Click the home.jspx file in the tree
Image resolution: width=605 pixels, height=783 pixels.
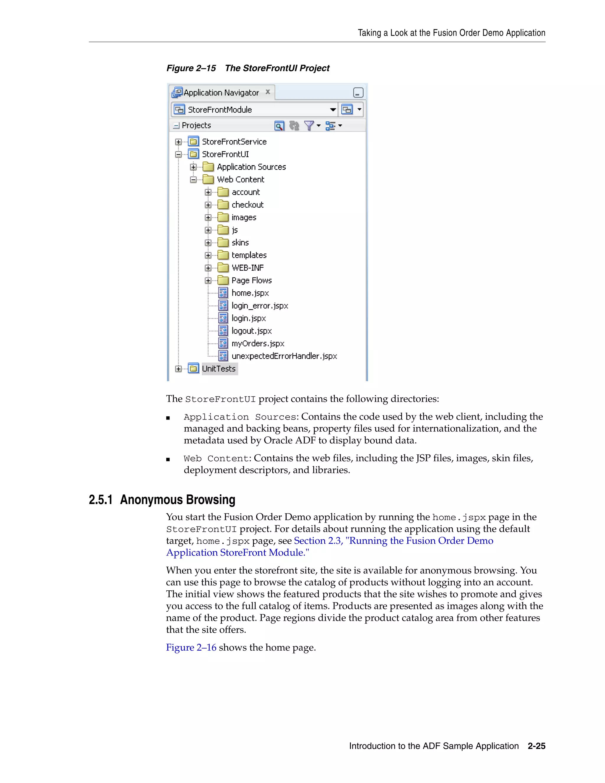(250, 293)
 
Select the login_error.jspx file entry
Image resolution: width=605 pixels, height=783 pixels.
(259, 306)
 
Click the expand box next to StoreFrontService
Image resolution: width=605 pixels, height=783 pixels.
(178, 142)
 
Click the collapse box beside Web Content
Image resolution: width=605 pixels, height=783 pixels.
(193, 180)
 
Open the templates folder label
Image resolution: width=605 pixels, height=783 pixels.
(249, 255)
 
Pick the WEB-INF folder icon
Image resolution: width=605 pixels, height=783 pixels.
(223, 268)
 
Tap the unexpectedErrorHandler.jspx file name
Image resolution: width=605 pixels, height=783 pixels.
(284, 356)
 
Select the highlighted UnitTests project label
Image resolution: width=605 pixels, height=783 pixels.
(219, 368)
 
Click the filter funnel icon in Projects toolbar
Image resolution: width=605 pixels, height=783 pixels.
(309, 126)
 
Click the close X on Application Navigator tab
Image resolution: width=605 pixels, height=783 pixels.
(268, 92)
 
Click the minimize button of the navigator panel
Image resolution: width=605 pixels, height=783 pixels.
(358, 93)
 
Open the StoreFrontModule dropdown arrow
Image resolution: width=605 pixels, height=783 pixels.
(333, 110)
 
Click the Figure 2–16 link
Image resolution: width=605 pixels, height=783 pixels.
(191, 647)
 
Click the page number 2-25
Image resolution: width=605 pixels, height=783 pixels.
(536, 746)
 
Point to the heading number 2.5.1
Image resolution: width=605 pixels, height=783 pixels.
(101, 500)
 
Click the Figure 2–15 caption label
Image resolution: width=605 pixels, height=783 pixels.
(191, 68)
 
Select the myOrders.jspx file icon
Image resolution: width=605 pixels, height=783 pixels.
(223, 343)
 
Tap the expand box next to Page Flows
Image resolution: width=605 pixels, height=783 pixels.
(208, 280)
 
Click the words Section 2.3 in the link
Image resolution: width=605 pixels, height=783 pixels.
(317, 541)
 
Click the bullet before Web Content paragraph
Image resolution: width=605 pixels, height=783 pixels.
(168, 459)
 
